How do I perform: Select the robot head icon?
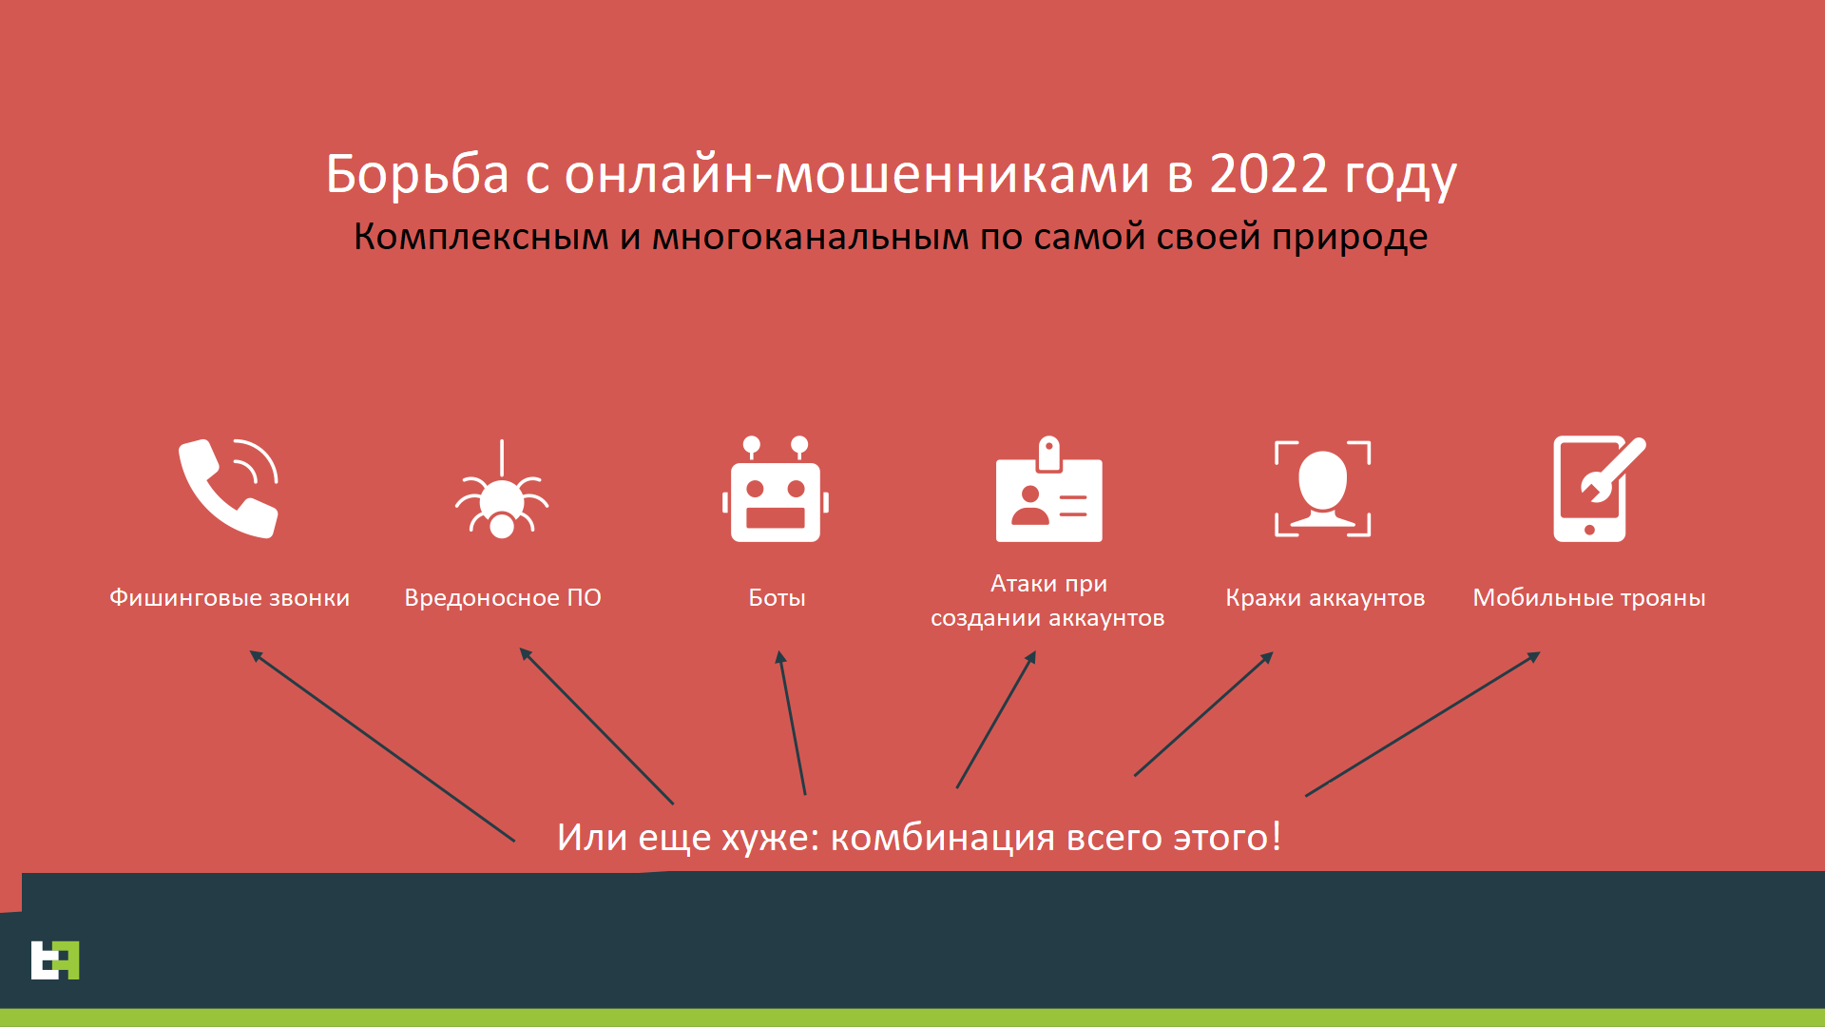pyautogui.click(x=776, y=490)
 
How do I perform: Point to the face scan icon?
pyautogui.click(x=1323, y=488)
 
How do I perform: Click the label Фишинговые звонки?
pyautogui.click(x=229, y=598)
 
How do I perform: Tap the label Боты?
pyautogui.click(x=777, y=597)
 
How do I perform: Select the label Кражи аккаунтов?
pyautogui.click(x=1325, y=598)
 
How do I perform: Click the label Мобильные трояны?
pyautogui.click(x=1589, y=598)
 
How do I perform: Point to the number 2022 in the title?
pyautogui.click(x=1268, y=174)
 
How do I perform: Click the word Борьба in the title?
pyautogui.click(x=417, y=174)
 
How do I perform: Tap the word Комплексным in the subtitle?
pyautogui.click(x=481, y=237)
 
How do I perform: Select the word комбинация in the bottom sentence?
pyautogui.click(x=943, y=838)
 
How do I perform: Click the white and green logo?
pyautogui.click(x=55, y=959)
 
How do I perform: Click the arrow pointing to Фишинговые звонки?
pyautogui.click(x=382, y=746)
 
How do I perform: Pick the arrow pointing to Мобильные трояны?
pyautogui.click(x=1423, y=724)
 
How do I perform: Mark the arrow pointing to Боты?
pyautogui.click(x=792, y=723)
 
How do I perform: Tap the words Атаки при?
pyautogui.click(x=1049, y=583)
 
